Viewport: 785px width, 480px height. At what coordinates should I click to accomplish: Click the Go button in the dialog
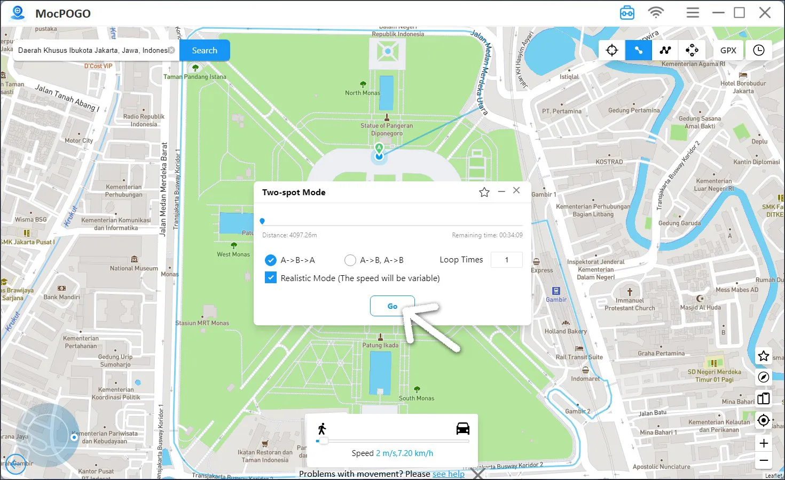392,306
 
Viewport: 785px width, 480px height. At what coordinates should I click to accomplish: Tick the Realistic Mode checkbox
271,278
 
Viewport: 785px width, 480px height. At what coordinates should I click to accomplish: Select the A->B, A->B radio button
350,260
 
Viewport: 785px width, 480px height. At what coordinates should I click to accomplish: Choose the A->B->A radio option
271,260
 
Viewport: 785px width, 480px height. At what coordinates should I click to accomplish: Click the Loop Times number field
506,260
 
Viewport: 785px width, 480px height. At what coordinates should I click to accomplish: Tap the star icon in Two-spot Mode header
484,192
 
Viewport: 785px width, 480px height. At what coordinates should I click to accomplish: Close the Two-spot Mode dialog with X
516,190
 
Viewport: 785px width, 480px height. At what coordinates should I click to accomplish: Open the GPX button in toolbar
728,50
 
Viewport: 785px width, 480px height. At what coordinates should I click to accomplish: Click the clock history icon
758,50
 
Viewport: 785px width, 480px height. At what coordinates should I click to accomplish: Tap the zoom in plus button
764,443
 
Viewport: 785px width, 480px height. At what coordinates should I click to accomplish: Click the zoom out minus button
764,460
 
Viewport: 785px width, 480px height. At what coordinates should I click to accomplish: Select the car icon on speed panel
462,428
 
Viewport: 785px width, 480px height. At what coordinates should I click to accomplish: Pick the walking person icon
322,428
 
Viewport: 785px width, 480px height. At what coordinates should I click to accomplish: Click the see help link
448,474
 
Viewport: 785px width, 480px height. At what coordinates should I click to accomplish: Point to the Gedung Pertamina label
634,110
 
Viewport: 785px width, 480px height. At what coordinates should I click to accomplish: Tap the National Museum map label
134,268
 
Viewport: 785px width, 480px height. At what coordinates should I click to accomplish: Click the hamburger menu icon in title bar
693,13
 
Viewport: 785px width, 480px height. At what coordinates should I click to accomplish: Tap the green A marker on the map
379,148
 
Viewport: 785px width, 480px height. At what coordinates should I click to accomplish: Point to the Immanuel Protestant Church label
630,304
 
